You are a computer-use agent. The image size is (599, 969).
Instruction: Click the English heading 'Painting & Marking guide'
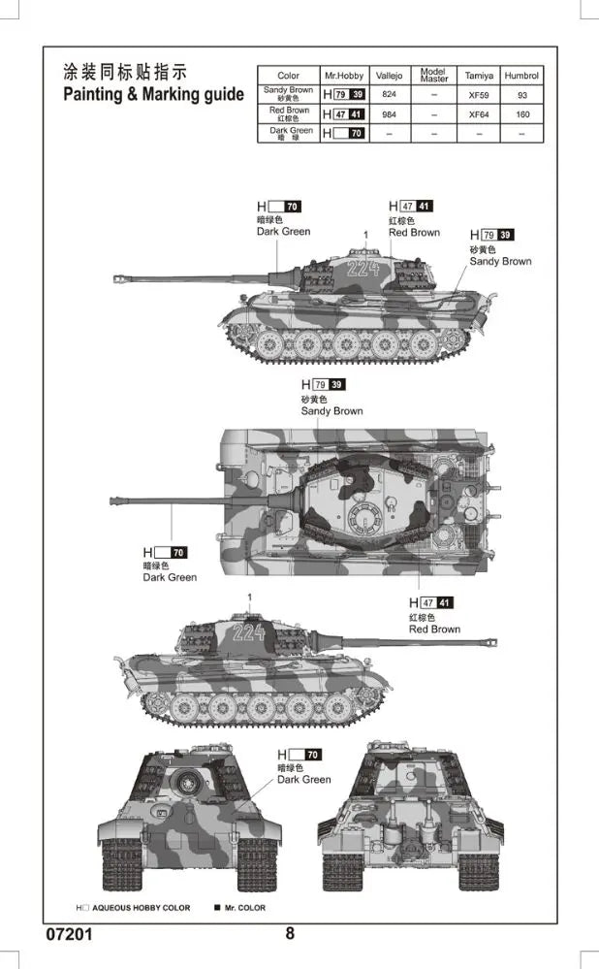coord(154,94)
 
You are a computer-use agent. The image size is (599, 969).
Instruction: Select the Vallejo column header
coord(389,76)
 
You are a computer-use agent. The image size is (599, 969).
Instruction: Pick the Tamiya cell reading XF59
coord(479,95)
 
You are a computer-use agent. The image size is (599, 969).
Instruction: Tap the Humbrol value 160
coord(522,114)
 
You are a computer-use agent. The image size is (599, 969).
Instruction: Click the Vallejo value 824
coord(389,94)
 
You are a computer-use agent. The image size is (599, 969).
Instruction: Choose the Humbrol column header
coord(521,76)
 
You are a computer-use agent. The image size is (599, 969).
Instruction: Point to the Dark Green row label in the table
coord(290,133)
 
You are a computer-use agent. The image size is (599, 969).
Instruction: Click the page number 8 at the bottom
coord(290,933)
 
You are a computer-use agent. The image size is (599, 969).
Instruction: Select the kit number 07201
coord(69,934)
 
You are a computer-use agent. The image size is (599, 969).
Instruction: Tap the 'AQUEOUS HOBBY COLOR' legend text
coord(142,908)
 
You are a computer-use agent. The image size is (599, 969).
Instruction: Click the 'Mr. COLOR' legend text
coord(245,908)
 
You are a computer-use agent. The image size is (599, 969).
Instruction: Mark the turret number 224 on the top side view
coord(363,269)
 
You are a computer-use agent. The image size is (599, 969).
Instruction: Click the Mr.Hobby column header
coord(344,76)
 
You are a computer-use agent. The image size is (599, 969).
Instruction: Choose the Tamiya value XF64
coord(479,114)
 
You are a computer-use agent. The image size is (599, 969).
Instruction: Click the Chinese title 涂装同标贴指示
coord(125,72)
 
